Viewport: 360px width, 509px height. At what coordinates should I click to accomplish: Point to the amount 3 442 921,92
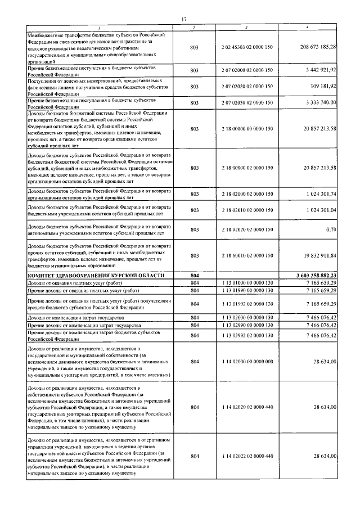pyautogui.click(x=319, y=70)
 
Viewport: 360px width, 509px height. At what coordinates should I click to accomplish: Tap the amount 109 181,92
pyautogui.click(x=323, y=87)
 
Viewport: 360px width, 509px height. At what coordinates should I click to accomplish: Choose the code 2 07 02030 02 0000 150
pyautogui.click(x=247, y=103)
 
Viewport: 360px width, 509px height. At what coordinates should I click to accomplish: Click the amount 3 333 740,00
pyautogui.click(x=319, y=103)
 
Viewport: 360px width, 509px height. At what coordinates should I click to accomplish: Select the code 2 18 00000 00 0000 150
pyautogui.click(x=247, y=129)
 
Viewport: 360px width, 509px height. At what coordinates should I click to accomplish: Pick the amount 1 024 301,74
pyautogui.click(x=319, y=193)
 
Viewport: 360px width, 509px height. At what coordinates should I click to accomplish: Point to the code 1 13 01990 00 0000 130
pyautogui.click(x=247, y=290)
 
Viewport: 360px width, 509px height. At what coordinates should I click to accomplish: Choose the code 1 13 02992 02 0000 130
pyautogui.click(x=247, y=335)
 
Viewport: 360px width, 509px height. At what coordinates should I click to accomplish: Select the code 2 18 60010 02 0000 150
pyautogui.click(x=247, y=255)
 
